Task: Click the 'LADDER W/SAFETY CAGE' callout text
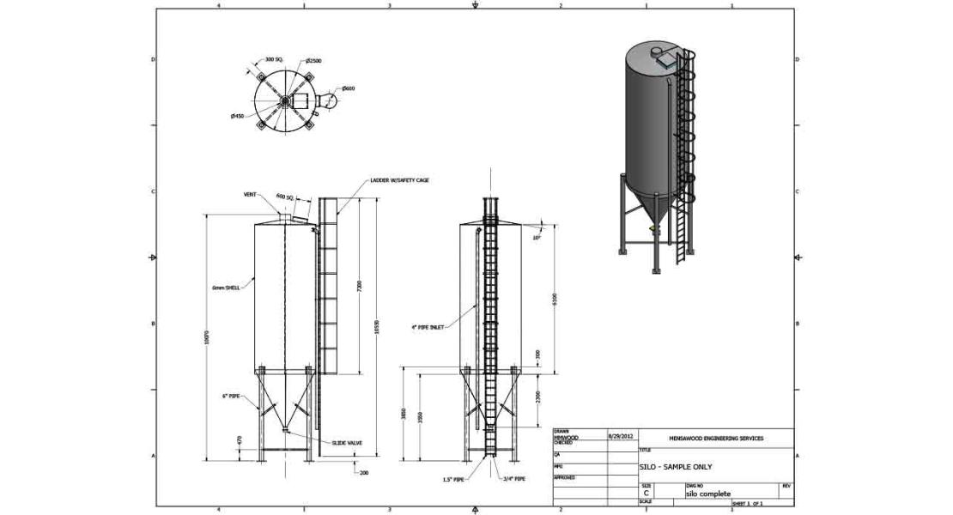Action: pyautogui.click(x=399, y=180)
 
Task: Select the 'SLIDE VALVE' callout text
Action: pyautogui.click(x=347, y=443)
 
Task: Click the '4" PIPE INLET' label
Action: pyautogui.click(x=427, y=327)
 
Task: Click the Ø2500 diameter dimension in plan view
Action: pyautogui.click(x=313, y=61)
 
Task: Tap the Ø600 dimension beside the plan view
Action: pyautogui.click(x=349, y=88)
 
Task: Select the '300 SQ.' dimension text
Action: pyautogui.click(x=275, y=59)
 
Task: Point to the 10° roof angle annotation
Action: pyautogui.click(x=537, y=237)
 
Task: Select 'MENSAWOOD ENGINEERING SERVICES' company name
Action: pyautogui.click(x=716, y=438)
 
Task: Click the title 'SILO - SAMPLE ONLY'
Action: pyautogui.click(x=676, y=467)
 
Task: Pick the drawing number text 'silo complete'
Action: pyautogui.click(x=708, y=494)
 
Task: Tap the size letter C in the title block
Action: pyautogui.click(x=646, y=494)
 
